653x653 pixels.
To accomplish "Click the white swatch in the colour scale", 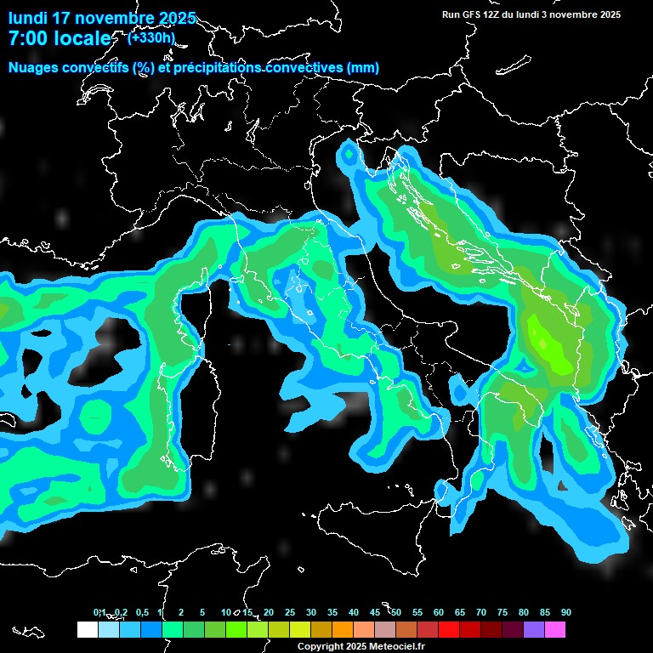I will [87, 630].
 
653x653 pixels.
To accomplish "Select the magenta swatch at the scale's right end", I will [555, 630].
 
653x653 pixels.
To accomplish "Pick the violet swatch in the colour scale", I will [534, 630].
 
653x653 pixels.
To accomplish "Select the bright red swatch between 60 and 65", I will [449, 630].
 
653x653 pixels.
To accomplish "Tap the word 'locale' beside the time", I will [84, 39].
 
